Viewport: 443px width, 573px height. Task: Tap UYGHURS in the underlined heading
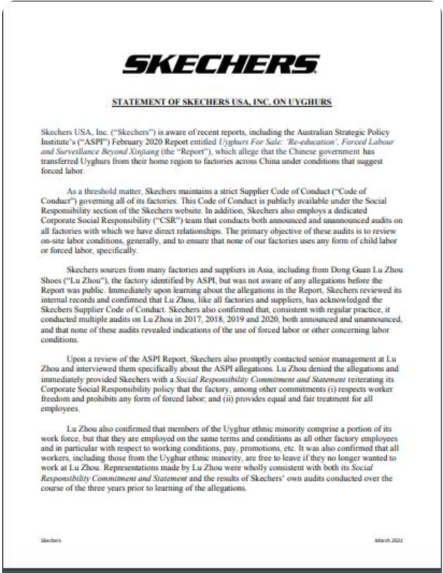pyautogui.click(x=310, y=102)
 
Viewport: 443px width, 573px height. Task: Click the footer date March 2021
pyautogui.click(x=390, y=540)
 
